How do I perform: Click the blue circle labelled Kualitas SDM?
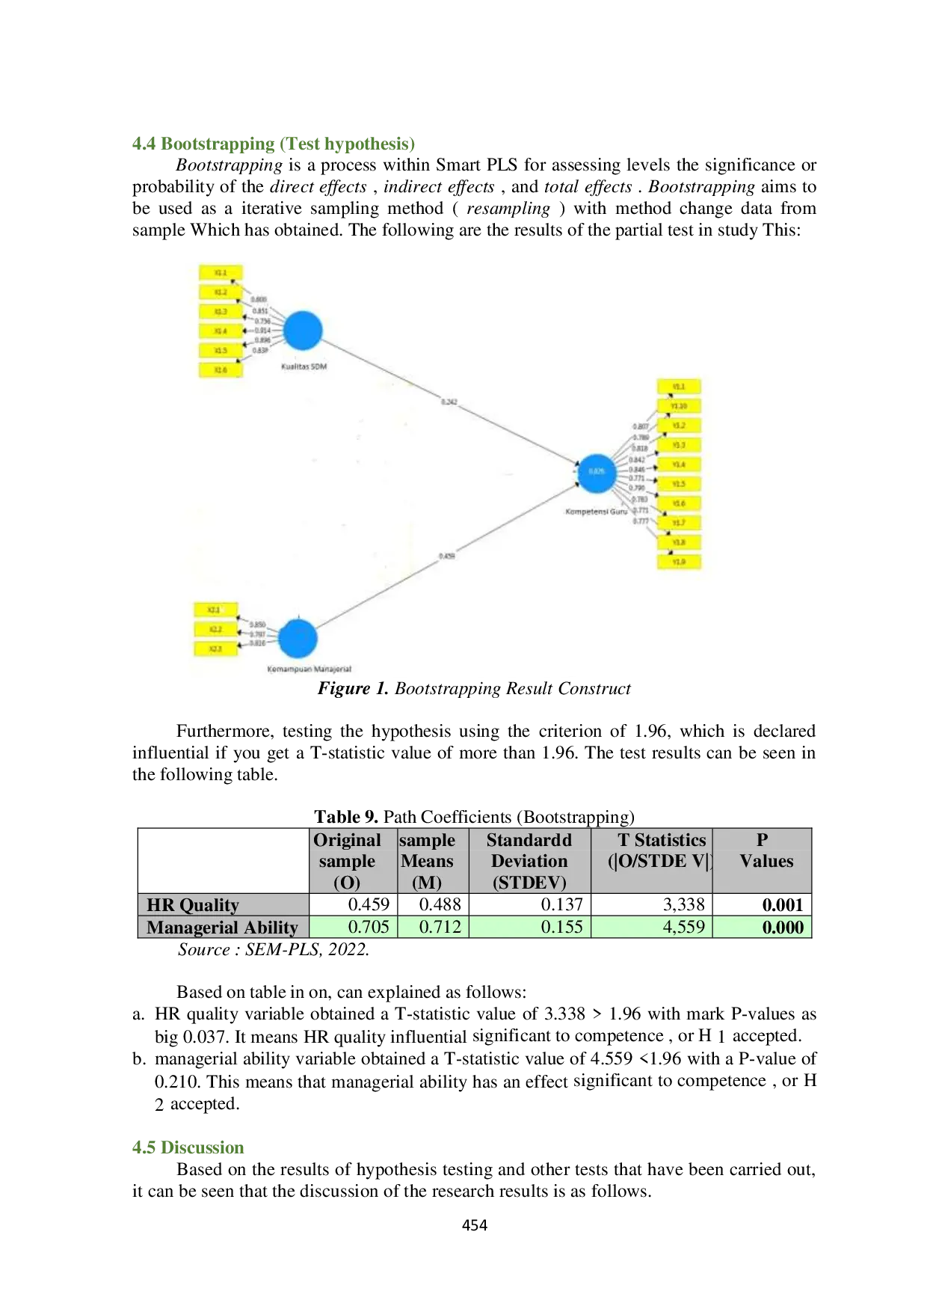click(303, 331)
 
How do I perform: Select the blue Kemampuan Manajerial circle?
click(298, 639)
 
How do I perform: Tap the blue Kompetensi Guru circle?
click(597, 472)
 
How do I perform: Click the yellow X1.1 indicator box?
click(221, 273)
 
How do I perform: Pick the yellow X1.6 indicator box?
click(221, 370)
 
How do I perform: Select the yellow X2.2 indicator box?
click(215, 630)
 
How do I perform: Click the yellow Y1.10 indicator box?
click(679, 406)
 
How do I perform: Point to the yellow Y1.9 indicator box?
click(679, 561)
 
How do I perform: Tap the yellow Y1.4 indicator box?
click(679, 465)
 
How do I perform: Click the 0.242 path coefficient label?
click(449, 402)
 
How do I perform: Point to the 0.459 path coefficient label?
click(446, 556)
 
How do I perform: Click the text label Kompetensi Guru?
click(596, 512)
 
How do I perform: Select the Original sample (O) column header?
click(347, 861)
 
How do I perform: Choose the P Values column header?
click(765, 850)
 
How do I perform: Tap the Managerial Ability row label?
click(222, 928)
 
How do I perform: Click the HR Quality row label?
click(193, 905)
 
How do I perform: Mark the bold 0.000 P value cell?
click(782, 928)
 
